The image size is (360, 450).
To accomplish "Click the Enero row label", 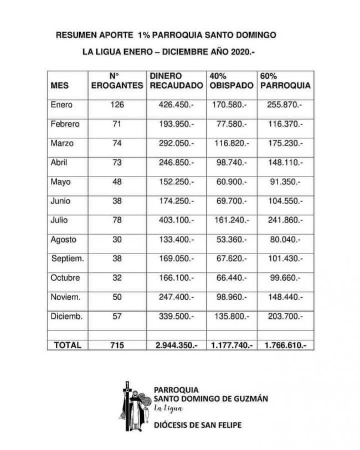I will [x=61, y=105].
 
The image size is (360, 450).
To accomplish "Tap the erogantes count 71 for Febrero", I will [x=116, y=124].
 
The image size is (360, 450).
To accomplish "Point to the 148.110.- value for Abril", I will [x=284, y=163].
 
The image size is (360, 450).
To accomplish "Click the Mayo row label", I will [x=60, y=182].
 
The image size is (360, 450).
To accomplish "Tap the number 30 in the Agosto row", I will [x=116, y=240].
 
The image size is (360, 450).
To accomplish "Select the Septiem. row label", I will [x=68, y=258].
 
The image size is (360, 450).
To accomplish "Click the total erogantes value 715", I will [x=116, y=345].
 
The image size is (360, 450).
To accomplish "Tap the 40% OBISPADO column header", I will [x=232, y=81].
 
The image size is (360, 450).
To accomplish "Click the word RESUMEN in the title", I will [x=76, y=35].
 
